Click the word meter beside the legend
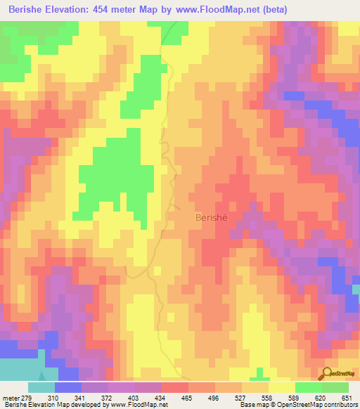(x=11, y=398)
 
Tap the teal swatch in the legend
(x=41, y=387)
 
